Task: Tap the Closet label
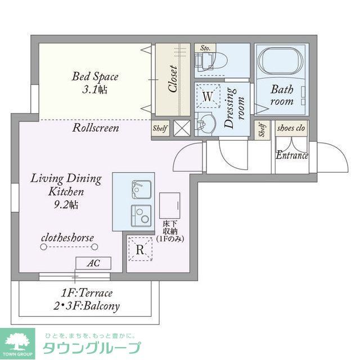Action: tap(173, 79)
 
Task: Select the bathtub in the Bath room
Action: tap(280, 62)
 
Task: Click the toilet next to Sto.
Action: tap(217, 60)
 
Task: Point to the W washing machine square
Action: tap(208, 97)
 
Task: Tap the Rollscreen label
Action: tap(96, 128)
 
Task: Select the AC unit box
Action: tap(93, 263)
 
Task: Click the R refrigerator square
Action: tap(140, 249)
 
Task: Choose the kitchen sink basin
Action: tap(141, 190)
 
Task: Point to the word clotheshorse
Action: tap(67, 237)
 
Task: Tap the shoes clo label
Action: tap(291, 128)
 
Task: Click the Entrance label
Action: tap(291, 155)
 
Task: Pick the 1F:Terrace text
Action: tap(87, 293)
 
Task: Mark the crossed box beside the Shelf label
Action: tap(182, 128)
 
